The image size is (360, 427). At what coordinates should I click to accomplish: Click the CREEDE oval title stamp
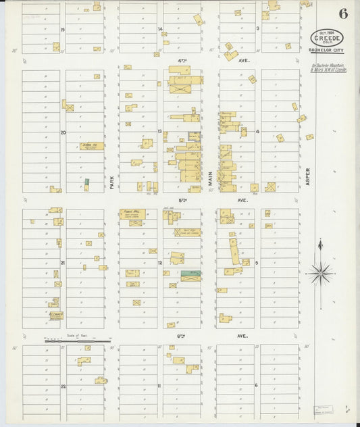point(327,38)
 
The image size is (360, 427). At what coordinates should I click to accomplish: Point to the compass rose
point(320,273)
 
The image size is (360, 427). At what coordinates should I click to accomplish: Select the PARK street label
point(112,181)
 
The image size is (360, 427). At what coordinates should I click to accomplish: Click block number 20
point(63,132)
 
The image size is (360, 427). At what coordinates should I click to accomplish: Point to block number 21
point(63,262)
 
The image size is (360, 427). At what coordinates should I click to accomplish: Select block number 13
point(160,131)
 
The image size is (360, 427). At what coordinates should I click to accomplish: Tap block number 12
point(160,262)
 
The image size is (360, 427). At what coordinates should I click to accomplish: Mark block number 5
point(257,262)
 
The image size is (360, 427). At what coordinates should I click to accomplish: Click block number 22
point(63,386)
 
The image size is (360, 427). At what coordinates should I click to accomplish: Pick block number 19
point(63,29)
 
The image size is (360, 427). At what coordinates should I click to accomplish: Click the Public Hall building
point(134,214)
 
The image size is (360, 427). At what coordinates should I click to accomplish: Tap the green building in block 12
point(191,273)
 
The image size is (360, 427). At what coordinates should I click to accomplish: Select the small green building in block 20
point(86,182)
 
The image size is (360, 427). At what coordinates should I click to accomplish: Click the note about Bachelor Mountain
point(329,68)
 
